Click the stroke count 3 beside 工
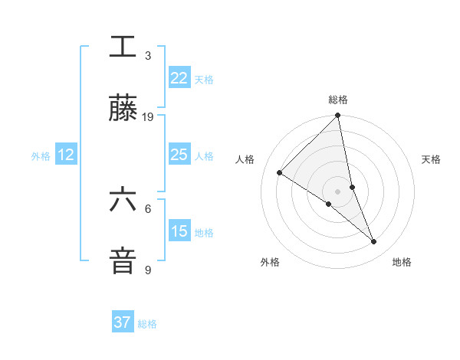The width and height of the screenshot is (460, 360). click(x=148, y=56)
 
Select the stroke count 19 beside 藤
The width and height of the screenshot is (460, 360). click(x=148, y=117)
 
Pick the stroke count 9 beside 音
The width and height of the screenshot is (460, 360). click(x=148, y=270)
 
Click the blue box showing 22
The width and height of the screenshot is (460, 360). click(x=179, y=78)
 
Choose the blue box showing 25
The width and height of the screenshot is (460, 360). click(x=179, y=155)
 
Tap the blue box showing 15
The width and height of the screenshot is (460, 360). click(x=179, y=231)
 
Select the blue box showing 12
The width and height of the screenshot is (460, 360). click(x=66, y=155)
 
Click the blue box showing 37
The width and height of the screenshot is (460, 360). click(x=123, y=322)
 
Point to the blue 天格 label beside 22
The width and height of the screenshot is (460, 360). click(x=204, y=80)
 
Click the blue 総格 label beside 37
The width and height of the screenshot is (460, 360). click(x=147, y=324)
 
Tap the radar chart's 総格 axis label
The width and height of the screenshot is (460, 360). click(x=338, y=100)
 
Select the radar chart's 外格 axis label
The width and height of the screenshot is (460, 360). click(x=270, y=262)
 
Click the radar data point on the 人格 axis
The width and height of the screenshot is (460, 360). click(x=280, y=172)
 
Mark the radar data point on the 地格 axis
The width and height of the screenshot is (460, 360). click(x=374, y=241)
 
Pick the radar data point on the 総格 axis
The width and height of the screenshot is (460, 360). click(x=338, y=116)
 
